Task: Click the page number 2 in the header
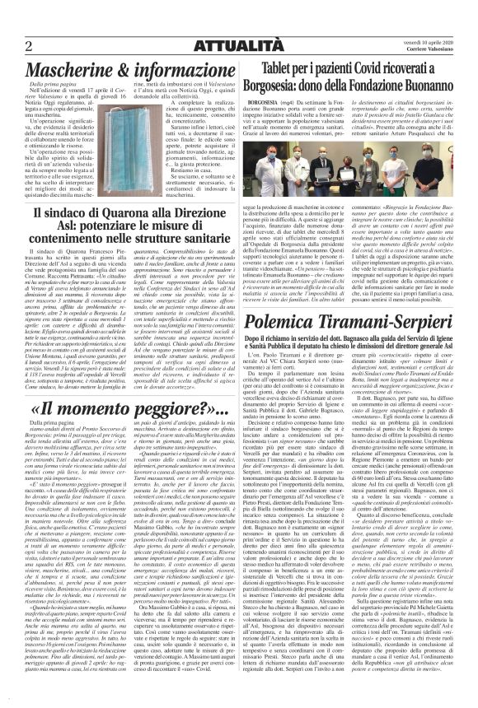tap(29, 44)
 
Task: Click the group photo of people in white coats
tap(356, 180)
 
